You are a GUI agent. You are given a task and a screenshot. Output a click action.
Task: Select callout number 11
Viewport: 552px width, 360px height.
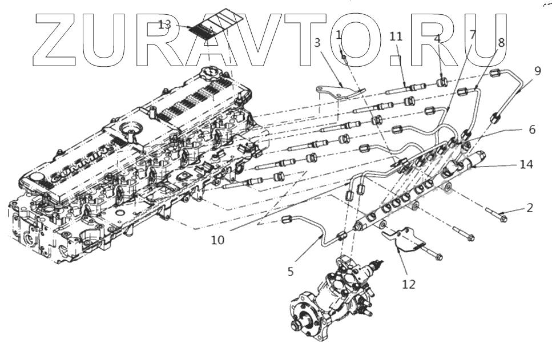(396, 37)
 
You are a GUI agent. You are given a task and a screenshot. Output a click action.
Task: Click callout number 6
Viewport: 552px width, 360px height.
(532, 130)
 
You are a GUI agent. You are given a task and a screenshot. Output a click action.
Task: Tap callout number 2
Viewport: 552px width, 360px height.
(530, 208)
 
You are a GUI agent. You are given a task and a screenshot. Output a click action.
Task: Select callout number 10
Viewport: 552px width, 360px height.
(217, 240)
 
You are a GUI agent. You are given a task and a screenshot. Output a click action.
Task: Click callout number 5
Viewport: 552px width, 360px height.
(291, 272)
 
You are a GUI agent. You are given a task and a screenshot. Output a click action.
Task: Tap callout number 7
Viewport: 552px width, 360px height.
(473, 34)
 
